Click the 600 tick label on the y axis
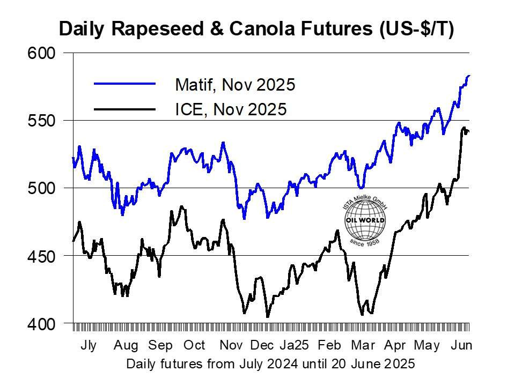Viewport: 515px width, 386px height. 41,54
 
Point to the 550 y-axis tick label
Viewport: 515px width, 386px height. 41,121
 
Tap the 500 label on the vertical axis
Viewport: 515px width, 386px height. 41,189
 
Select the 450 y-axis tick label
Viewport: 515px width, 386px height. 41,256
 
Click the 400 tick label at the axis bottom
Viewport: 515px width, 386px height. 41,324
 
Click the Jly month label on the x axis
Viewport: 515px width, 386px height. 89,345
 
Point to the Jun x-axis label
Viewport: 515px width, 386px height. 461,345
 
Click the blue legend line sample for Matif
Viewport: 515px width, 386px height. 124,84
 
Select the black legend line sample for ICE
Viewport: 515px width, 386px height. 124,109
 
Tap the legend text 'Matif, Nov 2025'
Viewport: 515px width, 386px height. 235,85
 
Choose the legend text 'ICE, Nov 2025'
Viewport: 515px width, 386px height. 231,109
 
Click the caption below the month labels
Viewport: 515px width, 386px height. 270,364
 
